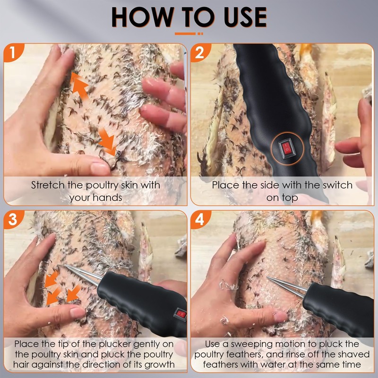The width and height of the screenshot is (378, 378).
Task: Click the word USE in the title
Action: [x=245, y=17]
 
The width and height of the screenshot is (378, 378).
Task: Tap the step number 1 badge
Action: [x=13, y=52]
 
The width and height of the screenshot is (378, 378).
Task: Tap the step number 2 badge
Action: [x=200, y=52]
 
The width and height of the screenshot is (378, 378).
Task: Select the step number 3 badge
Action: [x=13, y=219]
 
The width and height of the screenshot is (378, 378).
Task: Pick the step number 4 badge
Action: [x=200, y=219]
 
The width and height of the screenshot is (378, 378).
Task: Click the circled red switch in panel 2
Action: [x=286, y=148]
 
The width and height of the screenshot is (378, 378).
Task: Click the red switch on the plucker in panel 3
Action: [x=180, y=314]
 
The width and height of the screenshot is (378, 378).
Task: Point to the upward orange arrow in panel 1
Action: [x=79, y=86]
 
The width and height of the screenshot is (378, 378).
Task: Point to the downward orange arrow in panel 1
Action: [x=107, y=142]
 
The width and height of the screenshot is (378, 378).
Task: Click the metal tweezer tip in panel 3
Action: [x=66, y=266]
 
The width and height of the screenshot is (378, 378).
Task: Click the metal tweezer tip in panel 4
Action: [x=268, y=277]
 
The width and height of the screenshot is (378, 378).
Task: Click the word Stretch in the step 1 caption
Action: [x=48, y=185]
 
